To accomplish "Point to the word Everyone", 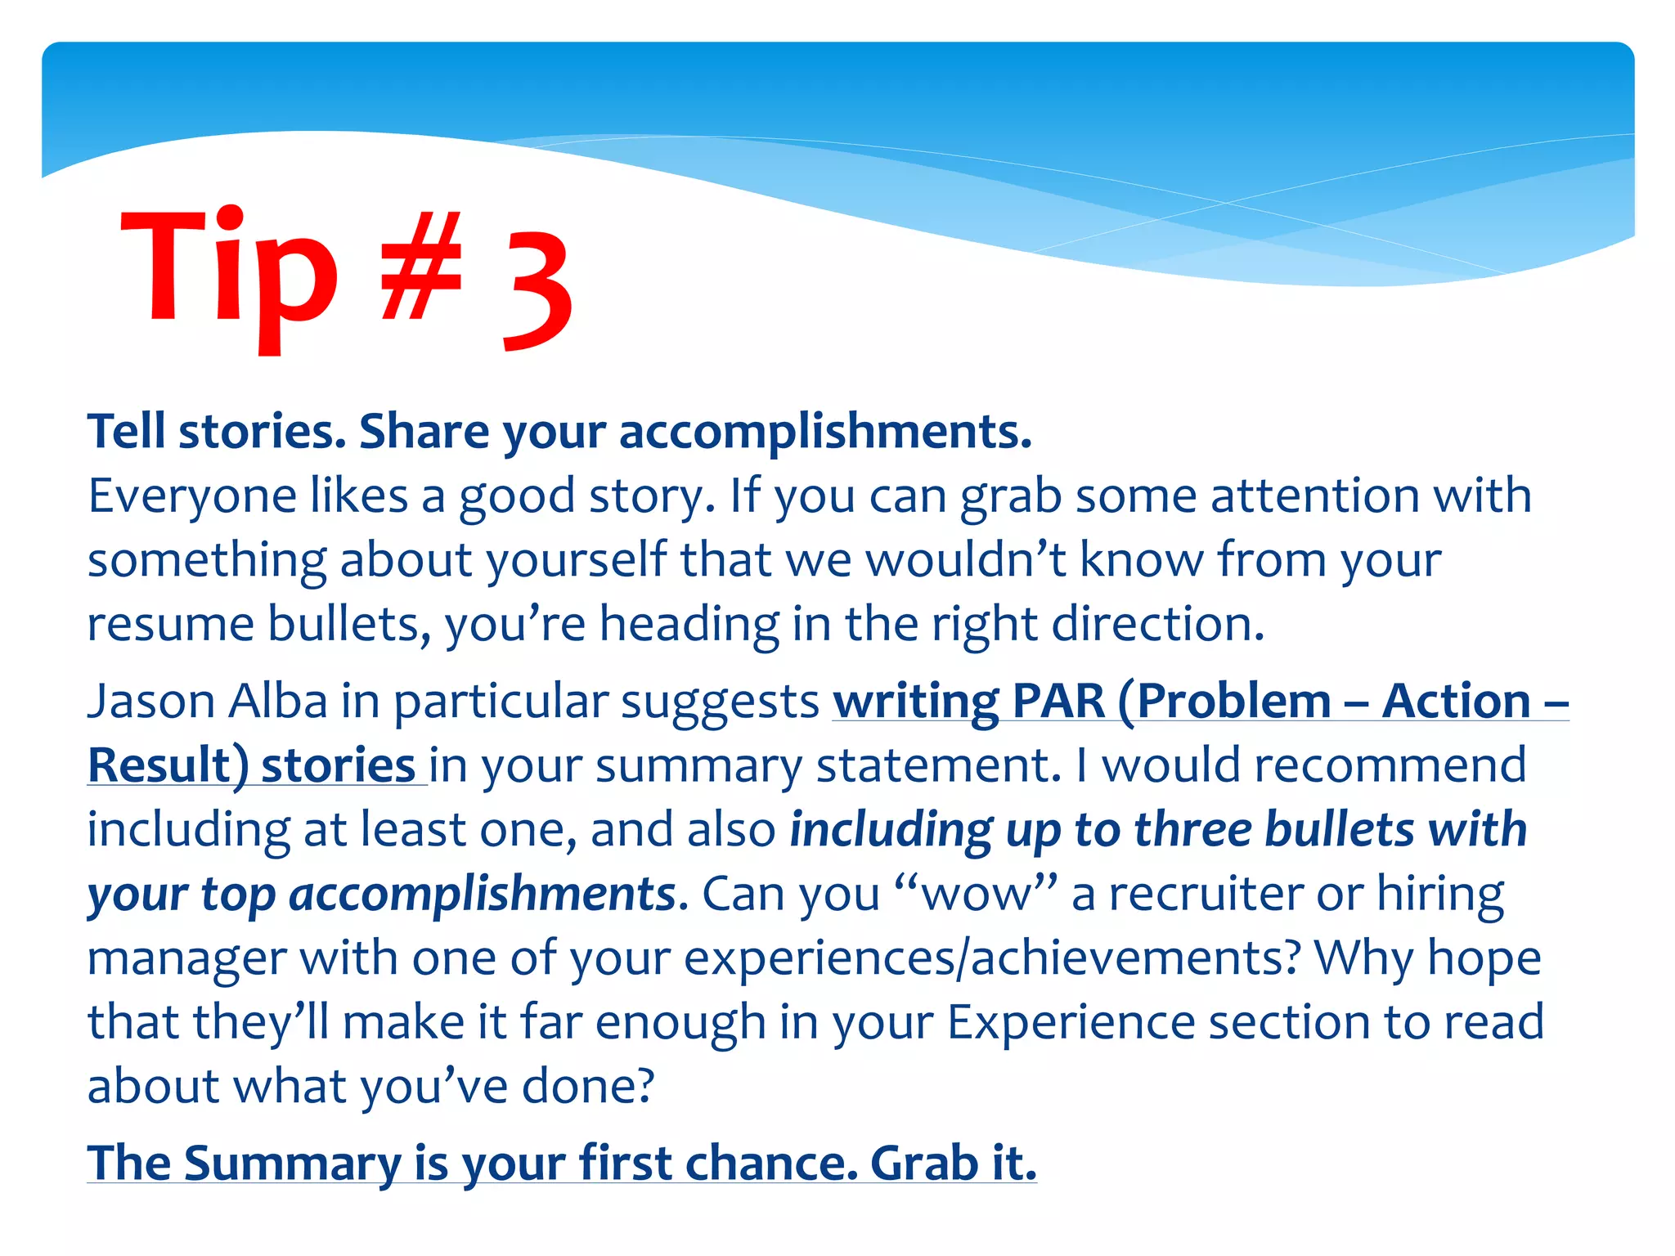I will tap(191, 496).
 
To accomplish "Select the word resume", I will tap(171, 624).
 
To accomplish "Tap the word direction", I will tap(1157, 624).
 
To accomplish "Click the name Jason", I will tap(150, 702).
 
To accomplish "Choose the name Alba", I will tap(278, 702).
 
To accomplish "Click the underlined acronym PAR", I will tap(1058, 702).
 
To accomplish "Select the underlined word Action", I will tap(1456, 702).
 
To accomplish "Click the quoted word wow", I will tap(977, 894).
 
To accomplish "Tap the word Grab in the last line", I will tap(923, 1163).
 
